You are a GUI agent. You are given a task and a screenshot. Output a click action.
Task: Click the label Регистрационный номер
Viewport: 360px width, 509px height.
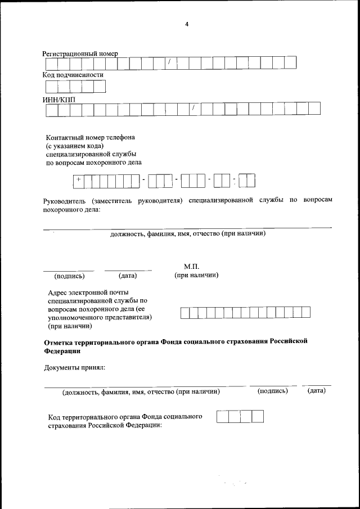click(80, 53)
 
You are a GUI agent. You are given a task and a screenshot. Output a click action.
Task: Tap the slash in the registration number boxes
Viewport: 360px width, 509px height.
click(169, 62)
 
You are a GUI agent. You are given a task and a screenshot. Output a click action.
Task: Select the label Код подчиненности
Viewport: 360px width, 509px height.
click(73, 75)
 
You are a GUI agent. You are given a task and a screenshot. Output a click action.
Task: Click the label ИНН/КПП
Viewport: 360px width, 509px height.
click(59, 99)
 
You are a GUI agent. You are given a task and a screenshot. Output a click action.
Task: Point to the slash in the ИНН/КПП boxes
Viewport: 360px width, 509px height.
click(193, 108)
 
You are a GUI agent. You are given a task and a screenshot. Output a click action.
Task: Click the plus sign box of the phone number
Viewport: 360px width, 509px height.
click(79, 179)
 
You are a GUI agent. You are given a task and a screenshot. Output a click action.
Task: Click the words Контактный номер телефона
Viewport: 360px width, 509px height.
click(91, 137)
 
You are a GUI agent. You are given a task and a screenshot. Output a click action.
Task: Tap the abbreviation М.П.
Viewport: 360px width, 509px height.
click(192, 266)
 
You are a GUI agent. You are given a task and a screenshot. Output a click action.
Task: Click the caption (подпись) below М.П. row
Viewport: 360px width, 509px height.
click(69, 276)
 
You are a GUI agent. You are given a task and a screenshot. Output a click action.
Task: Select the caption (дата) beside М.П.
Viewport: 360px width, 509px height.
click(128, 276)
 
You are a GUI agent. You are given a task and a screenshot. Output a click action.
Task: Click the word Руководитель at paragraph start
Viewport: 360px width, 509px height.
click(64, 200)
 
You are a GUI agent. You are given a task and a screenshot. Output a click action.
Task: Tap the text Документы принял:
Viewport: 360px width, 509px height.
click(75, 368)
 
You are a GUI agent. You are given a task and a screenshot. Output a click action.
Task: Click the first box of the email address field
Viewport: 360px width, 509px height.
click(184, 313)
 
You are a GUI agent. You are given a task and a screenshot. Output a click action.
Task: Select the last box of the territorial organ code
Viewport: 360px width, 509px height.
click(258, 417)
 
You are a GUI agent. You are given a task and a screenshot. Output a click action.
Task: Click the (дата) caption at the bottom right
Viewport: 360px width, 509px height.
click(317, 390)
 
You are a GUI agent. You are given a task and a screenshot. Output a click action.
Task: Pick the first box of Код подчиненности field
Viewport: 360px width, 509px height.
click(51, 87)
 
